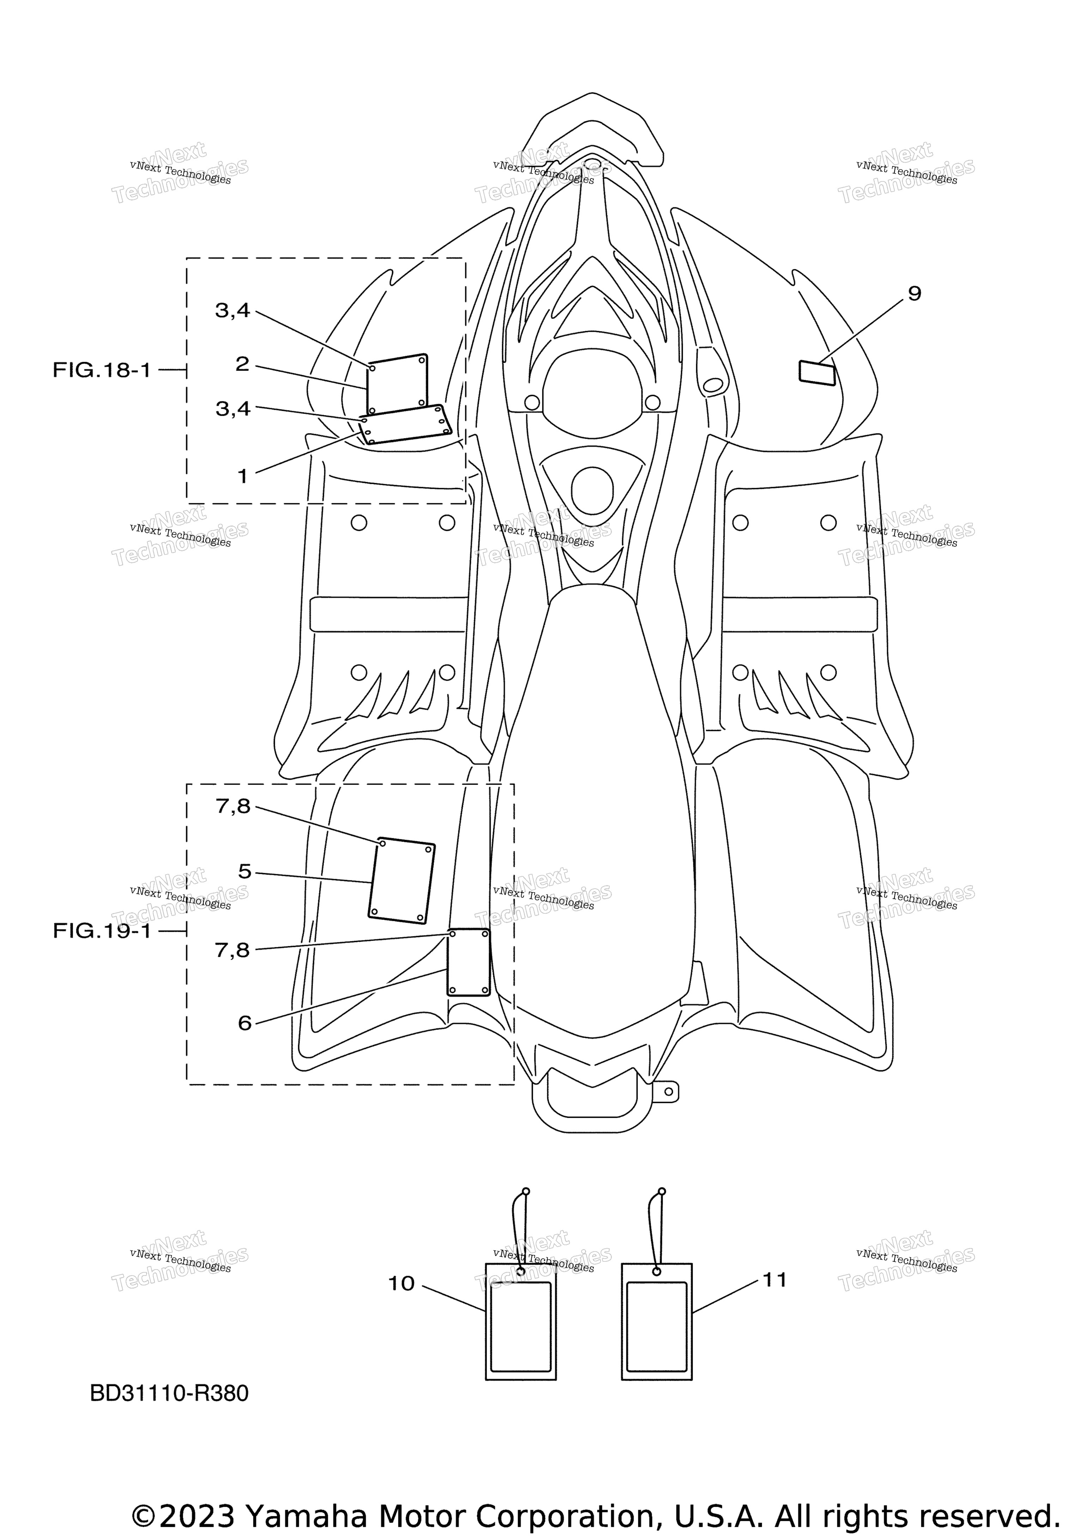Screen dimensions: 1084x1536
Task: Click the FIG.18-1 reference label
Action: click(102, 370)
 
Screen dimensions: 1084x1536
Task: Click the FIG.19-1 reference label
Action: click(102, 931)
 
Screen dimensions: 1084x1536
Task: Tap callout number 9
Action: click(914, 294)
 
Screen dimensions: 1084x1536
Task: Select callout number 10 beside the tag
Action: click(401, 1284)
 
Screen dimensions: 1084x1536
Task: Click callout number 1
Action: click(243, 476)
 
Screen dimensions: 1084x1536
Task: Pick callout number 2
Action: click(242, 364)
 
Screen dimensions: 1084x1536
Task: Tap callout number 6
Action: click(245, 1023)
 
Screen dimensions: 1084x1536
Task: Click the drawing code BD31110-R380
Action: click(169, 1393)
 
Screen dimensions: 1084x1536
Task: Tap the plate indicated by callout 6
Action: click(468, 962)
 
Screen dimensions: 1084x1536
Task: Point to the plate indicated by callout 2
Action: click(397, 385)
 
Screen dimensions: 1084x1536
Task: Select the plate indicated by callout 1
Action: click(405, 424)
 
